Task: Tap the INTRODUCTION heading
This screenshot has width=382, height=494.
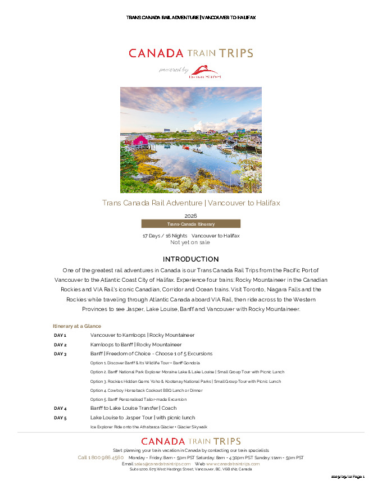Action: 190,259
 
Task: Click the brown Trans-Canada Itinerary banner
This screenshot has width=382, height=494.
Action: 190,223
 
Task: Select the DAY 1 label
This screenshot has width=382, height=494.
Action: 60,335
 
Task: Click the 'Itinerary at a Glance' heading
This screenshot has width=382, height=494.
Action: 77,326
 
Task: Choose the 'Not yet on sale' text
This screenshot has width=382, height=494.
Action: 190,243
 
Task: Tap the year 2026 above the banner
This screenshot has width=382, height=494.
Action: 190,216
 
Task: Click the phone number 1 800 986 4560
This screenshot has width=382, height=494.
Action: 101,458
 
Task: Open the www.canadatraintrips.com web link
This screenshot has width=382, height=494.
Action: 233,464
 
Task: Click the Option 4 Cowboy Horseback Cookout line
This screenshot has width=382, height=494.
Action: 146,390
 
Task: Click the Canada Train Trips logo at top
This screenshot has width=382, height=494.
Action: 190,53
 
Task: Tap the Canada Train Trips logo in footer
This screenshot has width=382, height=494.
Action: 190,442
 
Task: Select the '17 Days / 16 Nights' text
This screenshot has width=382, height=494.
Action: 165,236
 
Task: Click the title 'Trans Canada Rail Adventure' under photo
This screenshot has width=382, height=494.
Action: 190,203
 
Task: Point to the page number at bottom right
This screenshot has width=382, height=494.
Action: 348,477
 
